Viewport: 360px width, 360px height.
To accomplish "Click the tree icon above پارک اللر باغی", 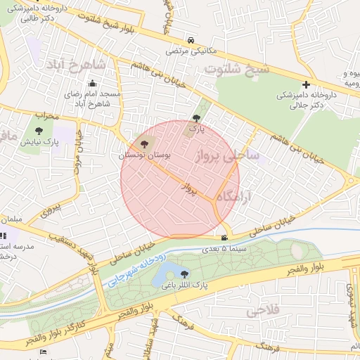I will pyautogui.click(x=185, y=274).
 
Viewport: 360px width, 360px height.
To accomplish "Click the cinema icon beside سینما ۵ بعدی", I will pyautogui.click(x=224, y=238).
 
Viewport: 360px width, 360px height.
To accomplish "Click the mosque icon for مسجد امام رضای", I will pyautogui.click(x=91, y=83).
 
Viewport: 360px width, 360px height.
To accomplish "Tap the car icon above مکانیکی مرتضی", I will pyautogui.click(x=192, y=40).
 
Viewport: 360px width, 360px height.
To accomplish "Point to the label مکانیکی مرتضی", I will pyautogui.click(x=192, y=51).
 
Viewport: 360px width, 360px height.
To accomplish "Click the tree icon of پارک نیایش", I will pyautogui.click(x=39, y=131).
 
